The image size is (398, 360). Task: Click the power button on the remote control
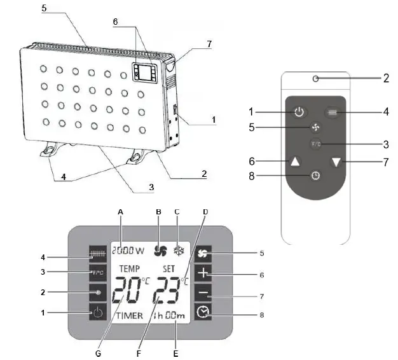[x=298, y=112]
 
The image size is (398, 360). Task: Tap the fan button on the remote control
[x=306, y=128]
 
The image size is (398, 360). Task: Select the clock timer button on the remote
[x=315, y=175]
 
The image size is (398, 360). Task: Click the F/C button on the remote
[x=316, y=144]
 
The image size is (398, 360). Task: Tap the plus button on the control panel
[x=203, y=275]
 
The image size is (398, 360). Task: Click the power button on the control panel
[x=97, y=312]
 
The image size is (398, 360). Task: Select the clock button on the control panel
[x=203, y=312]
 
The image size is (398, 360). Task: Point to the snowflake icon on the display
[x=180, y=251]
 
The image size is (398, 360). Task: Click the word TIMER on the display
[x=128, y=317]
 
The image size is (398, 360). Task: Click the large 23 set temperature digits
[x=166, y=293]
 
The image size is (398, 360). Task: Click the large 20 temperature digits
[x=128, y=293]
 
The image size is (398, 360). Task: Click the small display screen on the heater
[x=145, y=72]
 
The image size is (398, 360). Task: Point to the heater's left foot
[x=50, y=151]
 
